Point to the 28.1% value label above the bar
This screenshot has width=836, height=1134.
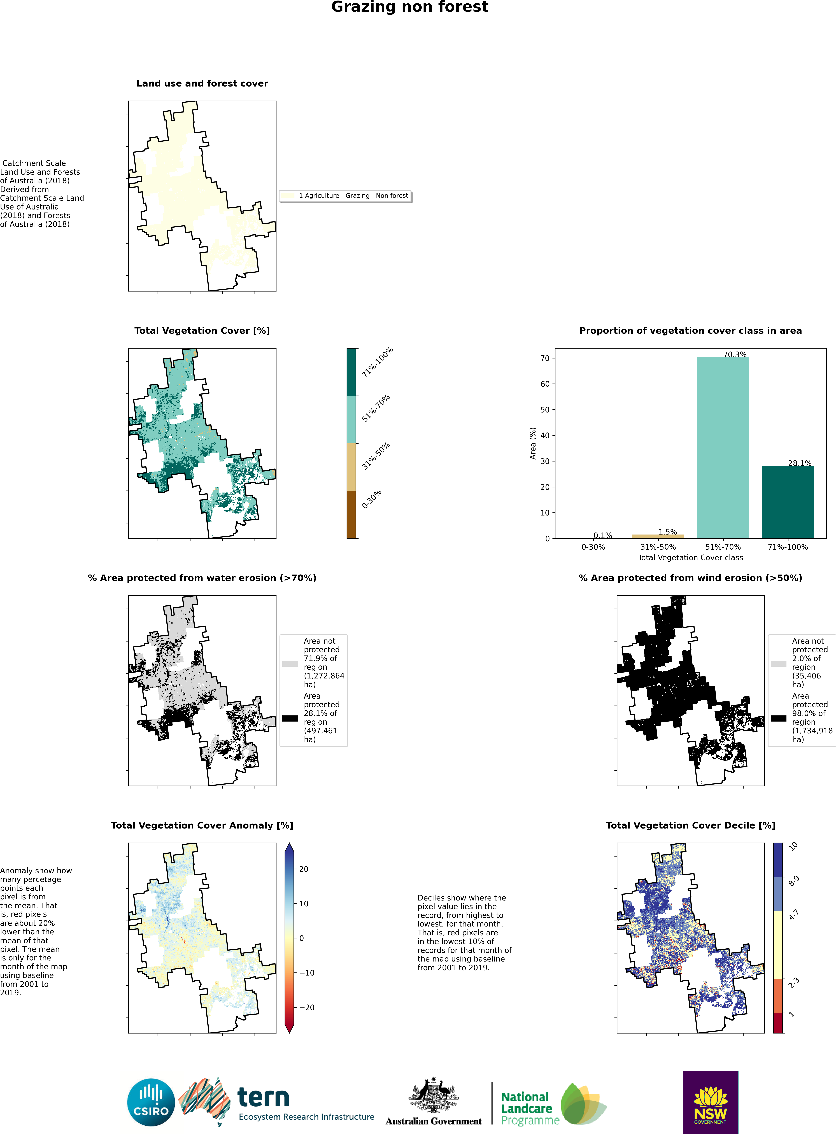point(800,463)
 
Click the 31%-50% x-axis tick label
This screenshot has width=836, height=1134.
point(658,547)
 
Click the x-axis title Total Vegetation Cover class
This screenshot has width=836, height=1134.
point(690,558)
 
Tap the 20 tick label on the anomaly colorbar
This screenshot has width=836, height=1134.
point(304,869)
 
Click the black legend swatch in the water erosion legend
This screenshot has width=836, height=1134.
point(290,718)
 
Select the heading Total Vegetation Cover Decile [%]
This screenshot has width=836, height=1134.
point(690,825)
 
